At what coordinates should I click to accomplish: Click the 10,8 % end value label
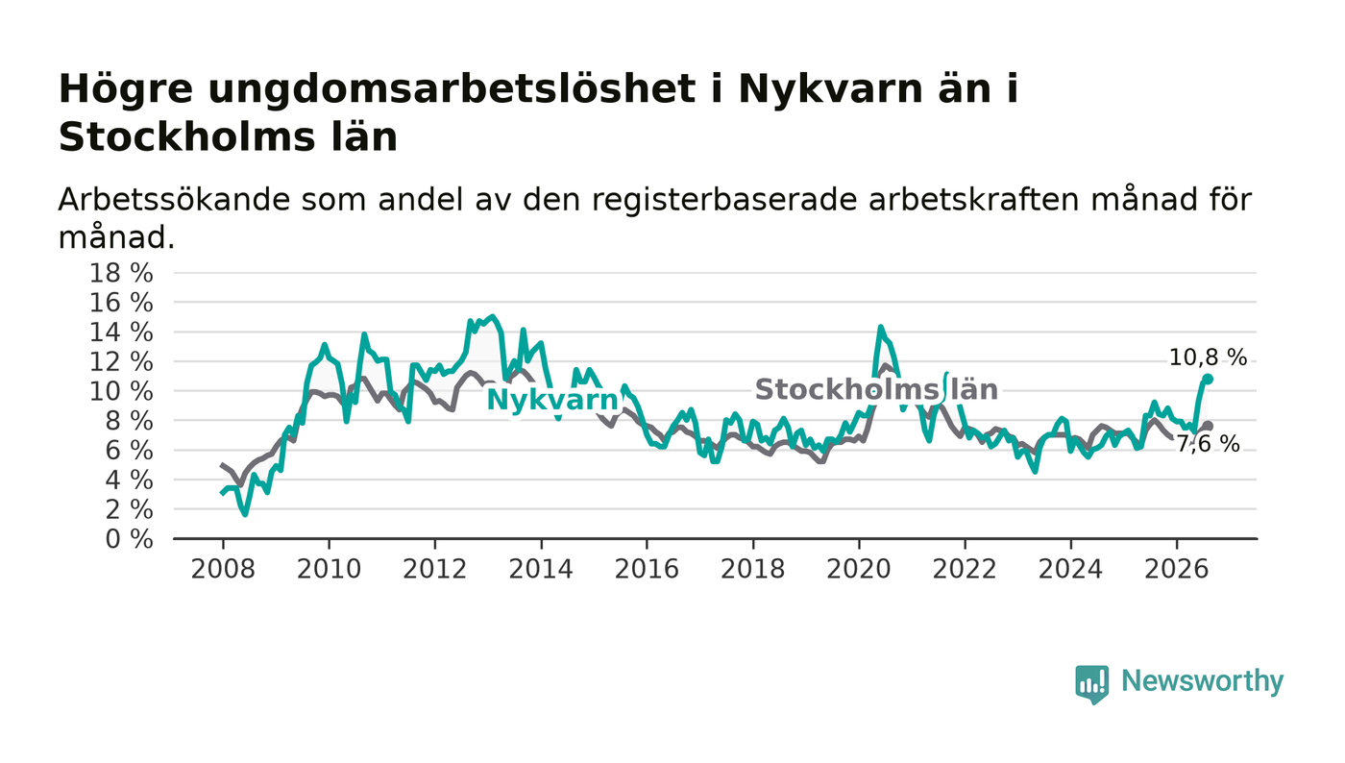click(x=1208, y=357)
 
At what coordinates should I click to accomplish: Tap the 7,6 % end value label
click(x=1207, y=444)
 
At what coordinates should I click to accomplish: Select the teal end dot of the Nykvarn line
click(x=1209, y=379)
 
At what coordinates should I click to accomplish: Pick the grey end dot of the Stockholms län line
click(x=1209, y=426)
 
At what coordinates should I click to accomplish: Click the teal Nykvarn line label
click(x=552, y=400)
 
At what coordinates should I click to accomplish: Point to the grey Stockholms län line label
click(x=876, y=390)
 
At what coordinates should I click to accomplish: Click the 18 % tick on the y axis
click(x=121, y=273)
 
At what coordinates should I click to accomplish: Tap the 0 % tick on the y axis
click(x=129, y=539)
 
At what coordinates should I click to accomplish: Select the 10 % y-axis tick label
click(x=121, y=391)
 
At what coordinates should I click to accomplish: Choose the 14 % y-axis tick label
click(x=121, y=332)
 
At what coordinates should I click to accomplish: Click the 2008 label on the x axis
click(x=223, y=569)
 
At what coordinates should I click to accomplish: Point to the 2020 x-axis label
click(x=859, y=569)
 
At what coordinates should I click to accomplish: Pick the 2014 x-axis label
click(x=541, y=569)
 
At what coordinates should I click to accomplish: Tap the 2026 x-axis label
click(x=1176, y=569)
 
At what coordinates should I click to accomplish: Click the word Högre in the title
click(x=126, y=90)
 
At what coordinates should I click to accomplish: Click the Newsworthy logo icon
click(x=1091, y=684)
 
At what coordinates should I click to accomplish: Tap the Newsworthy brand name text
click(x=1203, y=681)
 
